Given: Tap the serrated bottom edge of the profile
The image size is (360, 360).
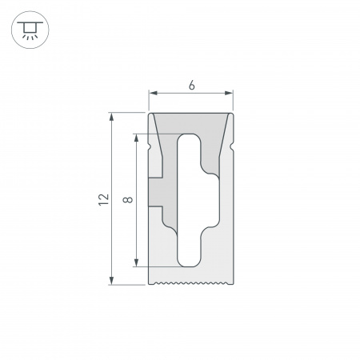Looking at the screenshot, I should tap(191, 282).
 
